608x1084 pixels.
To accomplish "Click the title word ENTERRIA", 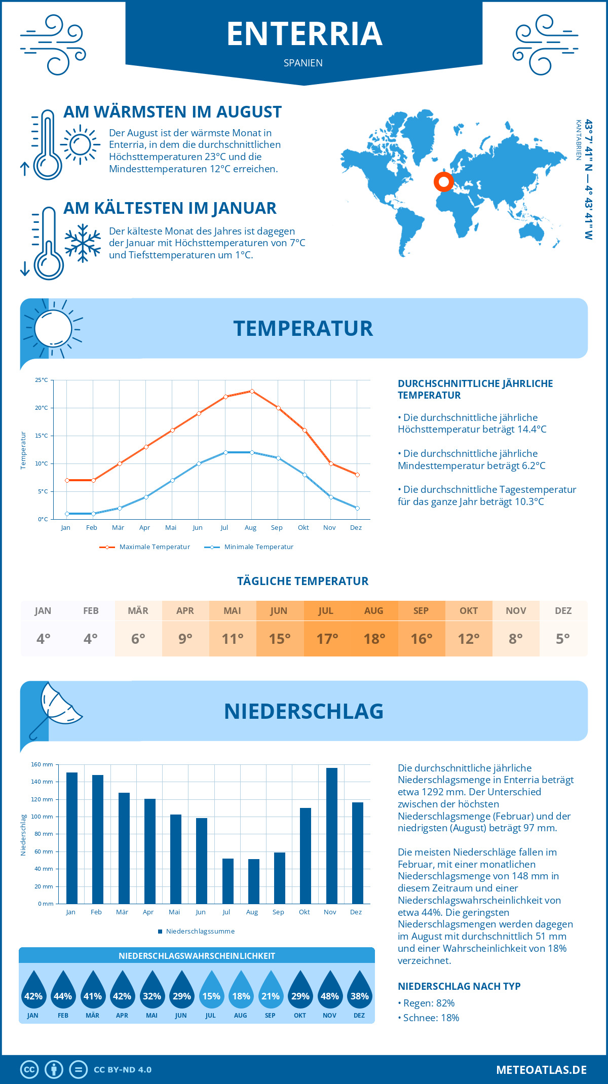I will point(304,34).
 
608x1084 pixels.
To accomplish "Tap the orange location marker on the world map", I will point(444,181).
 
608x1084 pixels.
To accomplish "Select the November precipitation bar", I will point(331,836).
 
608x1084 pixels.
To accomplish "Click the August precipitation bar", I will point(253,881).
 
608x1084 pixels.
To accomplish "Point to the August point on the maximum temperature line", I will point(252,391).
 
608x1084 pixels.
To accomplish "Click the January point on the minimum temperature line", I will point(67,514).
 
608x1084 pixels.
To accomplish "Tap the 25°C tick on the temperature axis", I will point(42,380).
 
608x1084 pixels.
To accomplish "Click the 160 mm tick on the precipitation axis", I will point(43,764).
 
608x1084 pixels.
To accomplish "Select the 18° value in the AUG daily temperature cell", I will point(374,639).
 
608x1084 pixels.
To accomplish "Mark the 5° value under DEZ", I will point(563,639).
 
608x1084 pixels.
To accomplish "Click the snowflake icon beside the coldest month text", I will point(83,243).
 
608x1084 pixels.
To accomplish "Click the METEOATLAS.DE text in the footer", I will point(541,1070).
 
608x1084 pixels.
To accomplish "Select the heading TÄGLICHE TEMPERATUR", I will point(303,581).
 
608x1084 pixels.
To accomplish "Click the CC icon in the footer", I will point(29,1070).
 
